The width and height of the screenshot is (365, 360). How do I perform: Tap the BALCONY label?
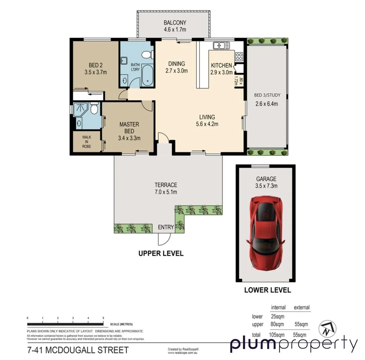coord(174,23)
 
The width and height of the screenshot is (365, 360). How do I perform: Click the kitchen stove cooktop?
coord(239,56)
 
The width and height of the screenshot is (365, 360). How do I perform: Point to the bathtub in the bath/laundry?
coord(146,75)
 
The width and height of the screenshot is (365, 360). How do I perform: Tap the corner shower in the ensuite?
coord(80,110)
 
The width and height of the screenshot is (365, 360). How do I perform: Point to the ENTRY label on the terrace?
coord(166,227)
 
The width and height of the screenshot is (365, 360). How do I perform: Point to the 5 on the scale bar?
coord(103,318)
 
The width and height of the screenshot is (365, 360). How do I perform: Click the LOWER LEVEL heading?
coord(267,290)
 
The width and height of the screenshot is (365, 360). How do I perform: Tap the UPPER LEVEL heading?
coord(161,254)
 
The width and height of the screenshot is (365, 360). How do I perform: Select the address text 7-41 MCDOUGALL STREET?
coord(77,350)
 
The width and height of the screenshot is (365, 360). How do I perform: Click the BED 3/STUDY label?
coord(267,95)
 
